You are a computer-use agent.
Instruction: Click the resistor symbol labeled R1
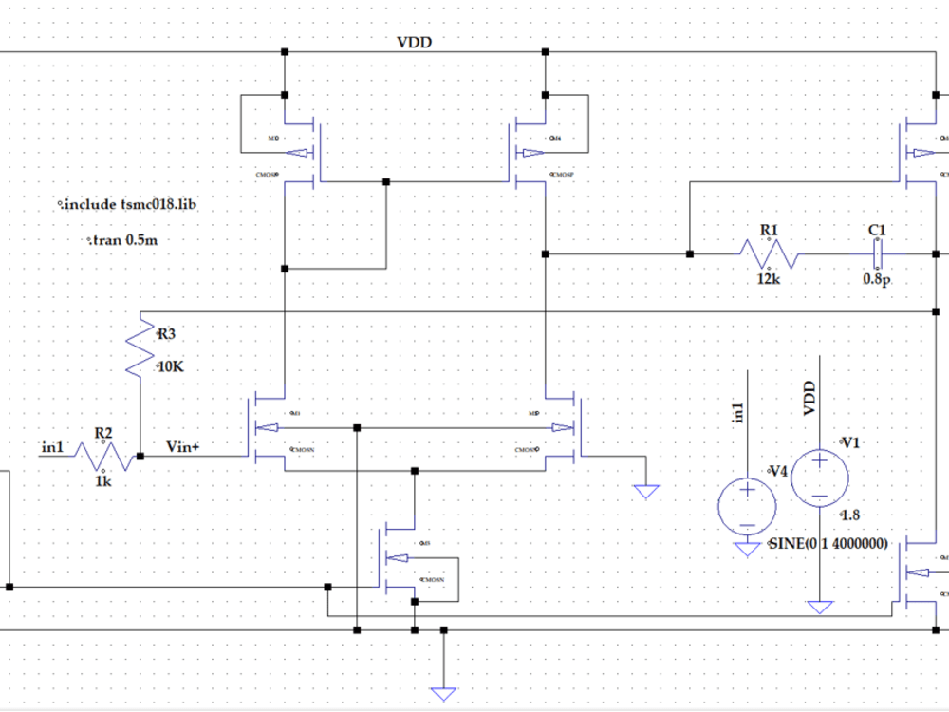[769, 254]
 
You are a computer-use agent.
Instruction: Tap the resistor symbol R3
[140, 346]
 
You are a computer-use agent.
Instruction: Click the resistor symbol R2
[102, 457]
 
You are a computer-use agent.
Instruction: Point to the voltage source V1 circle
[818, 476]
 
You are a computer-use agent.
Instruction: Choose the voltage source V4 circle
[747, 503]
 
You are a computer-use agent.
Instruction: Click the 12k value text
[768, 279]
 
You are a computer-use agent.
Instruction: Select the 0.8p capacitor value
[875, 280]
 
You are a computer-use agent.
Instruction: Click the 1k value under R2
[102, 481]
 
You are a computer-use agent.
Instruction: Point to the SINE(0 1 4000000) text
[827, 545]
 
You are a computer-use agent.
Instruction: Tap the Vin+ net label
[183, 446]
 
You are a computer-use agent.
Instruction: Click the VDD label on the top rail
[415, 43]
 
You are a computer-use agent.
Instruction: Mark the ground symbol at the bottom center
[442, 693]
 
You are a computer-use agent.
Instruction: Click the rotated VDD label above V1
[809, 399]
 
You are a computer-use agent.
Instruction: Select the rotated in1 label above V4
[738, 411]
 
